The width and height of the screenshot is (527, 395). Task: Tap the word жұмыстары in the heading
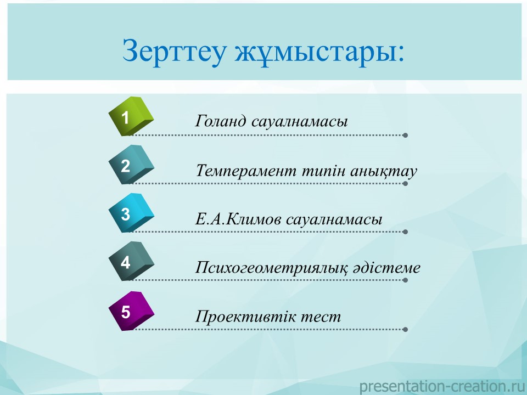tap(319, 52)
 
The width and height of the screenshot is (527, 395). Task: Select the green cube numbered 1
tap(131, 116)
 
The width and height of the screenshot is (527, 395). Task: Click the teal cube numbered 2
tap(131, 165)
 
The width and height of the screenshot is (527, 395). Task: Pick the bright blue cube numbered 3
tap(131, 213)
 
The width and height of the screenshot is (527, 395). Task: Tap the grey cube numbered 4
tap(131, 261)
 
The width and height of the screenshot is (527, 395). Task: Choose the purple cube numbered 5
tap(131, 311)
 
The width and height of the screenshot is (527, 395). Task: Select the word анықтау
tap(384, 171)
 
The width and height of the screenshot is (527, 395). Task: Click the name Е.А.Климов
tap(239, 219)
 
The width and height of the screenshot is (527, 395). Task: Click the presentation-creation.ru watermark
tap(442, 386)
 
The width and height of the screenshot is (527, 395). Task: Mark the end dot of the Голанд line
tap(405, 135)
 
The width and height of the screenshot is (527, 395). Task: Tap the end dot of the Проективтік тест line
tap(405, 330)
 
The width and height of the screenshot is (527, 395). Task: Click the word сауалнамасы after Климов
tap(334, 219)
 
